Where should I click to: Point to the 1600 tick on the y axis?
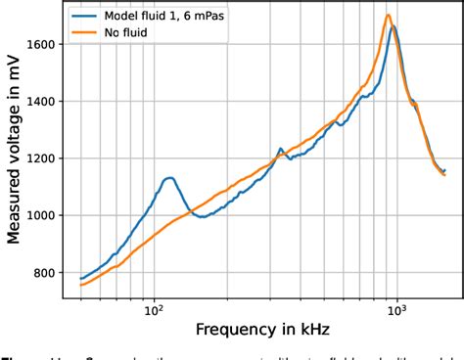click(43, 44)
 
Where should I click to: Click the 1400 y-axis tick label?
click(43, 101)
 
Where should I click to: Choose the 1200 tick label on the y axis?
click(43, 158)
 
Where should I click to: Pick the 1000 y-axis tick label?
click(43, 215)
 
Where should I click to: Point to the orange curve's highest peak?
click(389, 16)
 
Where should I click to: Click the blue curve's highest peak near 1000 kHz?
click(394, 27)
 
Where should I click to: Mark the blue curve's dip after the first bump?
click(201, 216)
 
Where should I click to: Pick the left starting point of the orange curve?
click(80, 286)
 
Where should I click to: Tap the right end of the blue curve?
click(443, 170)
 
